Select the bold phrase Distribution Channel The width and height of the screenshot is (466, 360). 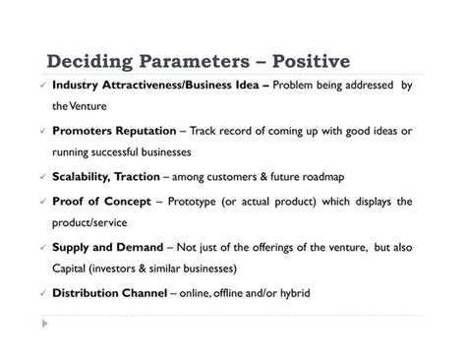(107, 292)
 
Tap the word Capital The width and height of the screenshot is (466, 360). (71, 268)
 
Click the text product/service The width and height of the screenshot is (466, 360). (89, 222)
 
